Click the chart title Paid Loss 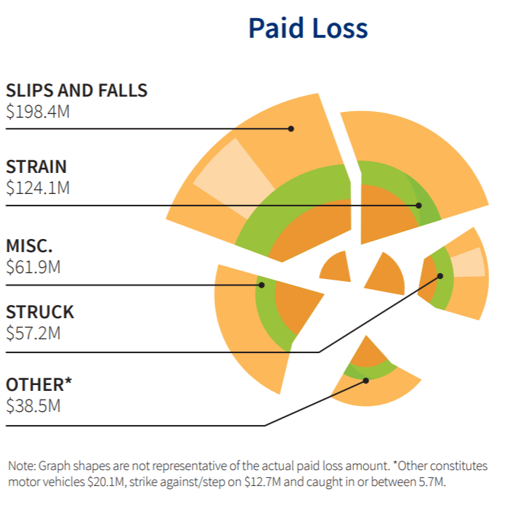point(308,28)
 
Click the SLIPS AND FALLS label point(76,91)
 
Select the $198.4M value point(38,112)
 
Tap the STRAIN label point(36,166)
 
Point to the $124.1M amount point(38,187)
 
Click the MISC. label point(29,245)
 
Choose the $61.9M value point(33,266)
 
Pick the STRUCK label point(40,312)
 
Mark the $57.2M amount point(33,333)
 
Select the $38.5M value point(33,405)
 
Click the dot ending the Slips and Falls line point(291,129)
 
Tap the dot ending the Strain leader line point(419,206)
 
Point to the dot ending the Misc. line point(262,285)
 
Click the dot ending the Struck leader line point(440,276)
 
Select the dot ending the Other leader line point(366,380)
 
